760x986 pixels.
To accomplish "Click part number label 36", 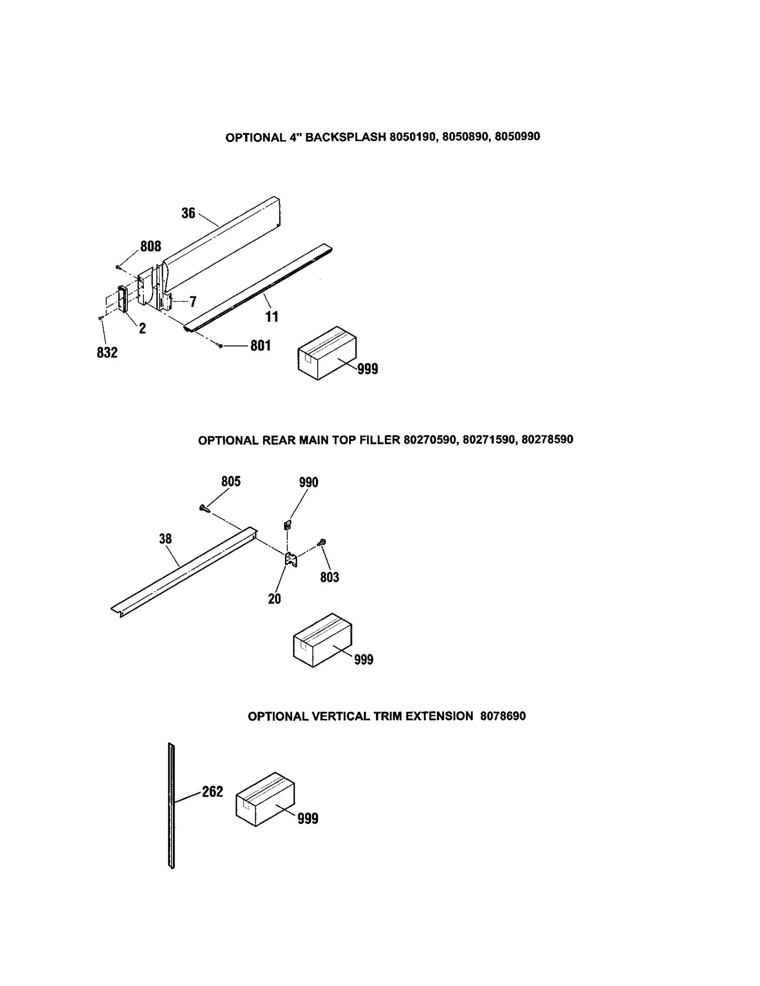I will pos(188,213).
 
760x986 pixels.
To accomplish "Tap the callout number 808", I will pos(151,246).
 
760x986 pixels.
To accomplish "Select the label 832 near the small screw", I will pos(107,353).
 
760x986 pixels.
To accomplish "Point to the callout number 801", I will pos(260,345).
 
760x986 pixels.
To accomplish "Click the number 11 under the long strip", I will pos(272,317).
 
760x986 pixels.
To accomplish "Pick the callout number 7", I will pos(193,302).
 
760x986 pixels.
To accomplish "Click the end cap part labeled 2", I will pos(122,299).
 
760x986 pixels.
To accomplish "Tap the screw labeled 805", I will pos(205,508).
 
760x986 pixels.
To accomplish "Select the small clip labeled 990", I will pos(287,525).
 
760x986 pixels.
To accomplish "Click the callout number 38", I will pos(165,539).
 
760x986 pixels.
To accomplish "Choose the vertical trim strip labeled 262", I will pos(171,805).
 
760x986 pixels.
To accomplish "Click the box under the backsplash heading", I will pos(327,353).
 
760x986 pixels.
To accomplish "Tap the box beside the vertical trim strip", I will pos(265,799).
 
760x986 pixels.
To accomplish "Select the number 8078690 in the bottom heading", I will pos(503,716).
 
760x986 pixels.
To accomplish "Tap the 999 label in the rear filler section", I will pos(363,660).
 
